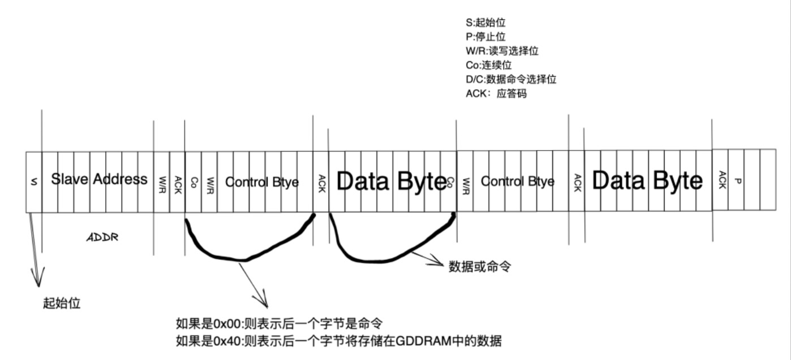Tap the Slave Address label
(99, 179)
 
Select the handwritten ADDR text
(102, 238)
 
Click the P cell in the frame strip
(736, 181)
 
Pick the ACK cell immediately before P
(720, 180)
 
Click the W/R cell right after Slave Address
(161, 182)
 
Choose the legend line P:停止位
(482, 37)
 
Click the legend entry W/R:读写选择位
(498, 51)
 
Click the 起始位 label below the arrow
(62, 303)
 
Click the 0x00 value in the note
(227, 324)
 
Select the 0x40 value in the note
(227, 341)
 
